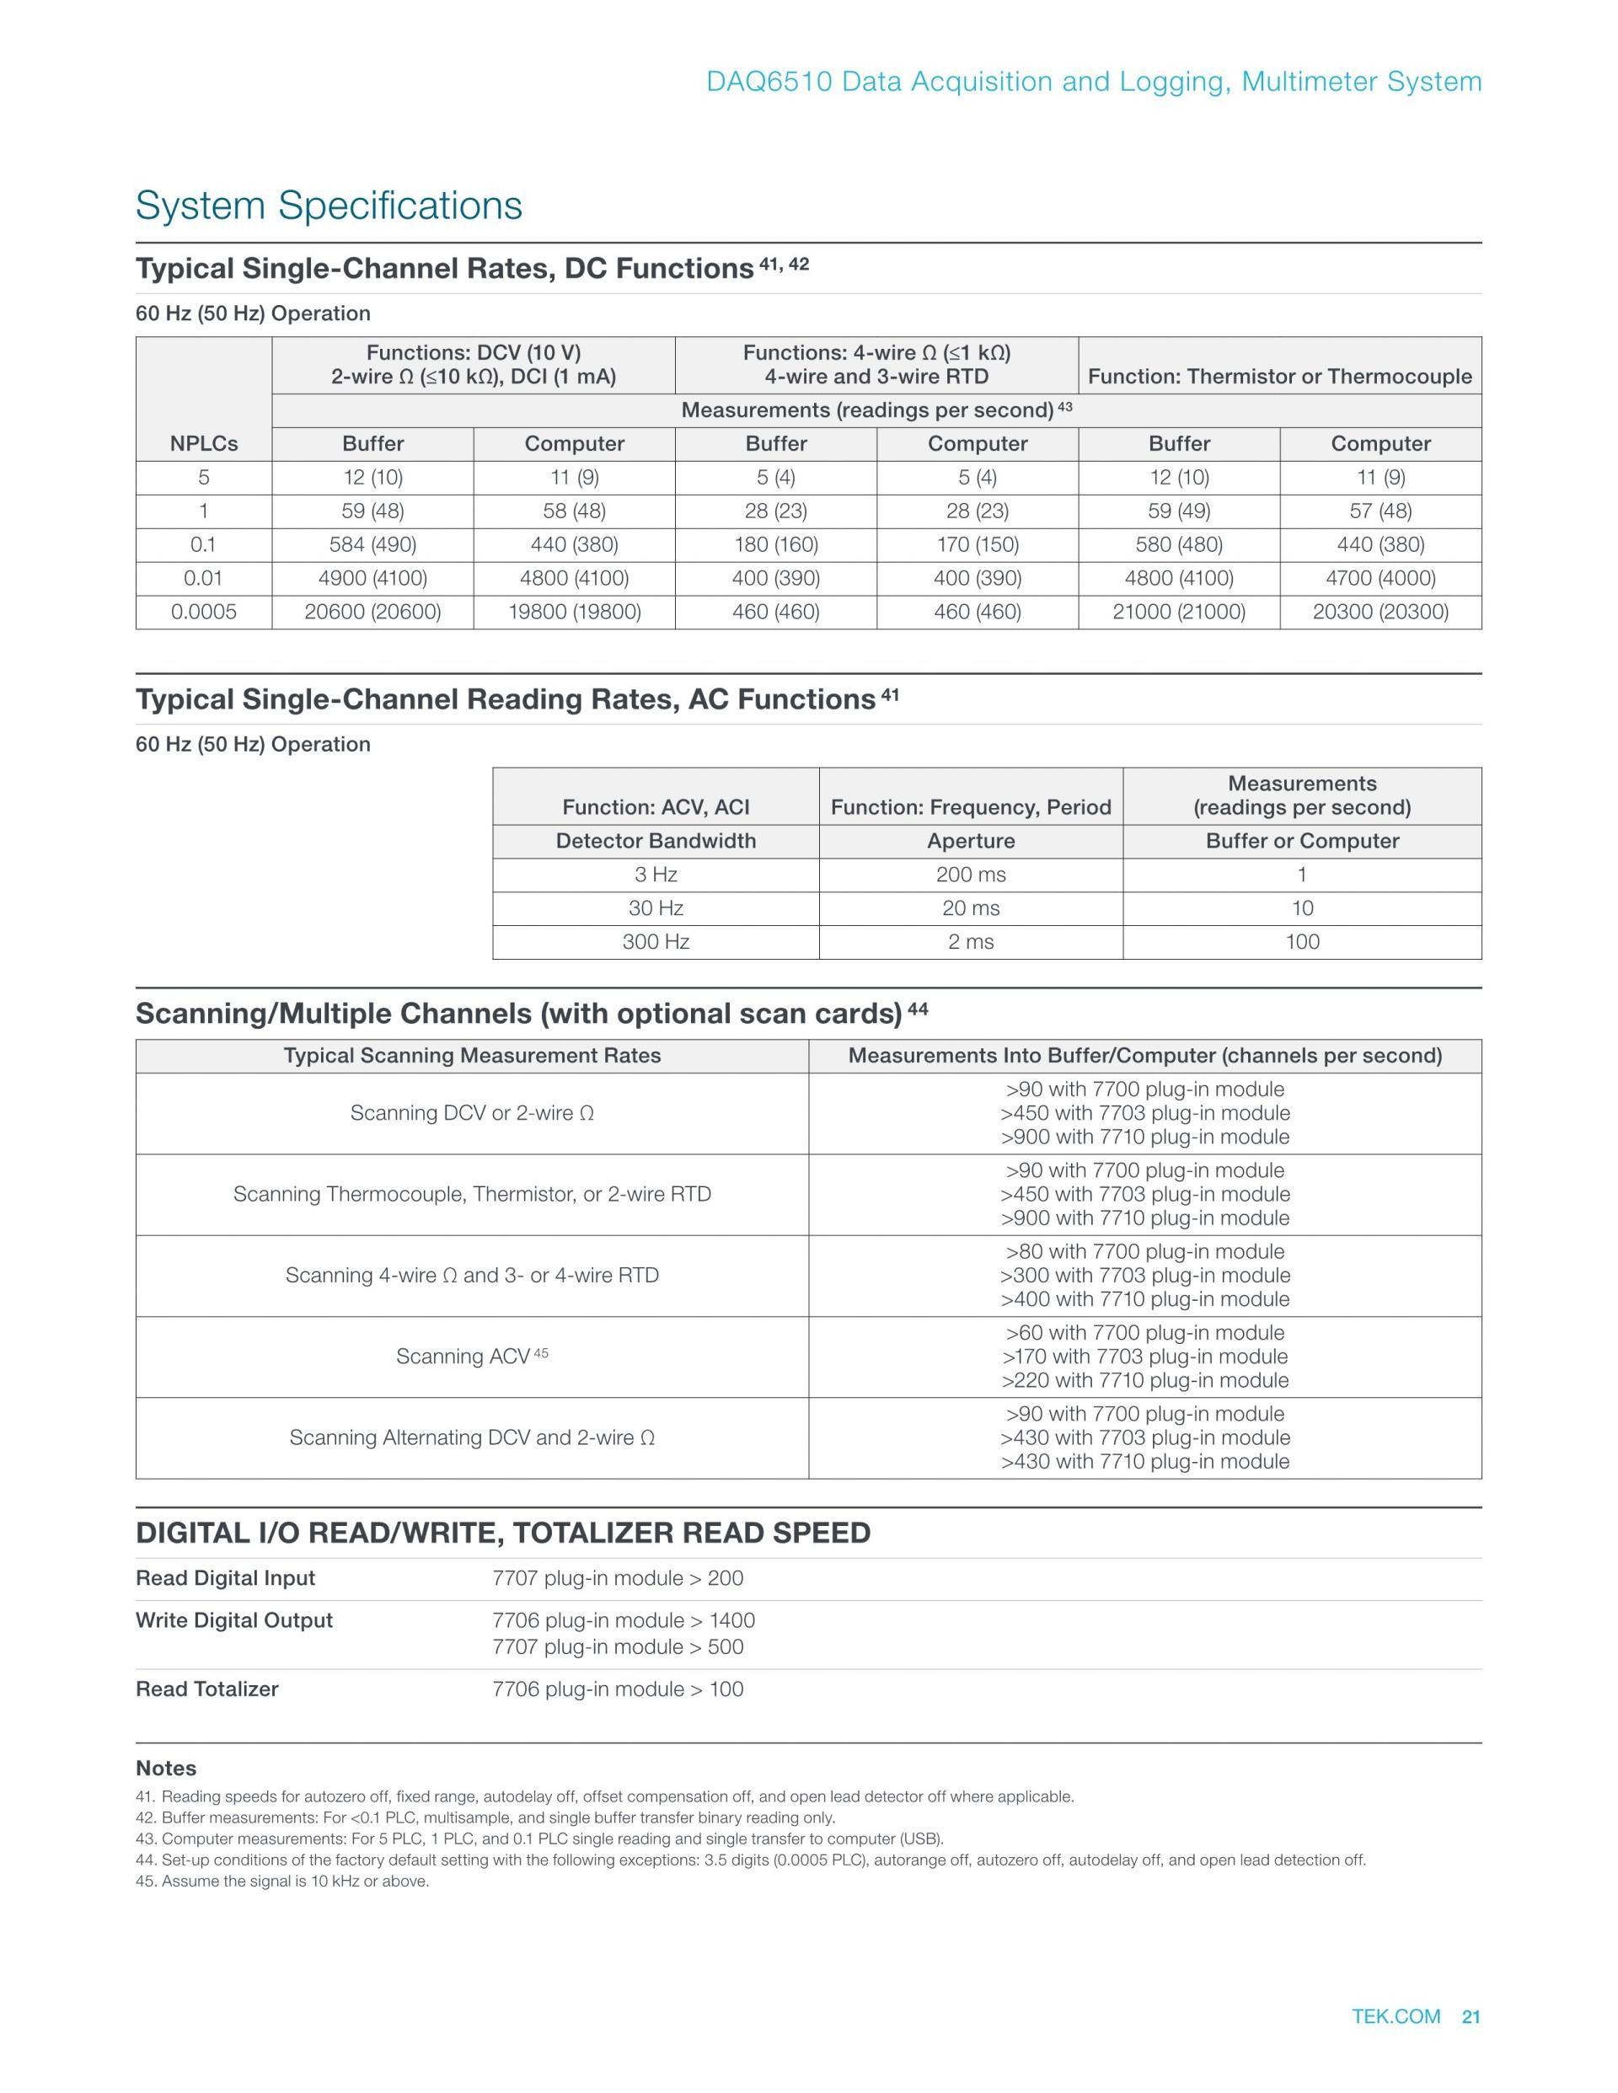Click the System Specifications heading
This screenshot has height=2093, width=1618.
(329, 205)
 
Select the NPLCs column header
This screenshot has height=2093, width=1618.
(203, 444)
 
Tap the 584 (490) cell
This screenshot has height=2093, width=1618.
(372, 544)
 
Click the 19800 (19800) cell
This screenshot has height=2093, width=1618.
(574, 612)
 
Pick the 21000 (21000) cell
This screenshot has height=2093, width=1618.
(1179, 612)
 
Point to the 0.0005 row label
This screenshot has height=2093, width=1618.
(203, 612)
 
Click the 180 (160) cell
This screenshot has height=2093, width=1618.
(775, 544)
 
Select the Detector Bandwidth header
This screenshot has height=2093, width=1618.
(656, 840)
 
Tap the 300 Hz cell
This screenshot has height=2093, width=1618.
(656, 941)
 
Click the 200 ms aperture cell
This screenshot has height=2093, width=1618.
(971, 874)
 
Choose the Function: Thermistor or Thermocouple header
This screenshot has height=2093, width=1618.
(1279, 376)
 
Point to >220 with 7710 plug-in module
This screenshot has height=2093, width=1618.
(1144, 1380)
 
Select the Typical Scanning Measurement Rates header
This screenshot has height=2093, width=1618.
(472, 1055)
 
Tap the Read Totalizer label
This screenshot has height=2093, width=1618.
(207, 1689)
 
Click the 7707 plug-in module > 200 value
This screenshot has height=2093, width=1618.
(618, 1577)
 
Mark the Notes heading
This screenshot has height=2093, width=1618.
(166, 1768)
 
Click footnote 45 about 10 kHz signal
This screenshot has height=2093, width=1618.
(283, 1881)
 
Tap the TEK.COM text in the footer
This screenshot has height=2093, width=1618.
(1396, 2016)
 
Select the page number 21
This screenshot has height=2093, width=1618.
(1471, 2016)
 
